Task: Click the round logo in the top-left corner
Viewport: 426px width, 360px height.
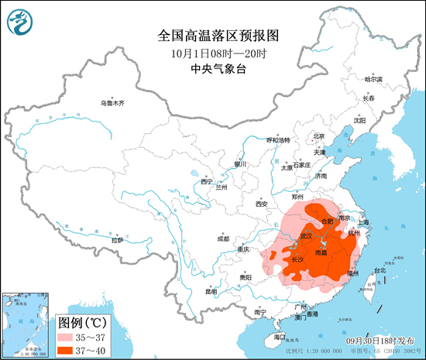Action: point(21,21)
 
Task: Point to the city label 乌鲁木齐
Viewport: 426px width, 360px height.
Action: point(112,104)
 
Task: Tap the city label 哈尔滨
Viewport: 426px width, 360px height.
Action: point(373,79)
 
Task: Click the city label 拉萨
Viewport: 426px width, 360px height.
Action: point(117,241)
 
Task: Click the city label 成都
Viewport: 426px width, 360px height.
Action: point(223,238)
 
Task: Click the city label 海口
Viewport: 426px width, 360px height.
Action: point(280,338)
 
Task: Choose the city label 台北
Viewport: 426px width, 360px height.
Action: point(380,270)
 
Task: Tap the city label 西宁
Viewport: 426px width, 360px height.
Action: point(206,181)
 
